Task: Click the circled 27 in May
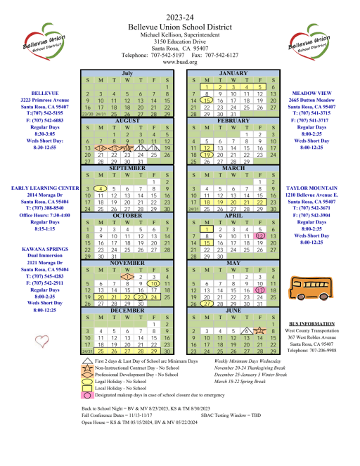click(x=207, y=304)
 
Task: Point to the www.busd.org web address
click(x=179, y=62)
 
